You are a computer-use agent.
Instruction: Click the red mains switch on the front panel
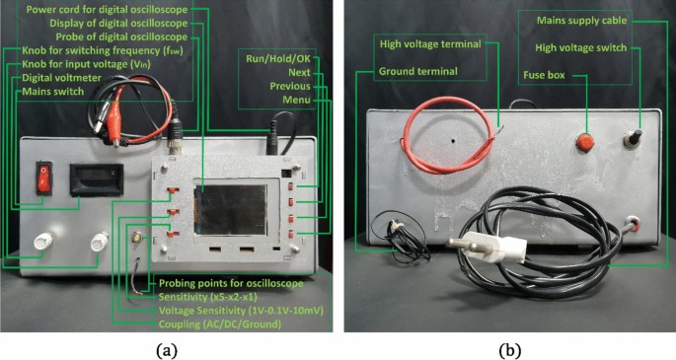(x=42, y=179)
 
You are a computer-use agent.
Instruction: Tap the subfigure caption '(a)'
(x=167, y=348)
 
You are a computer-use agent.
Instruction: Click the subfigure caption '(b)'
(x=506, y=348)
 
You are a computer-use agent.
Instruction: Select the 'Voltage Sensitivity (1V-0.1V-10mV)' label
(x=242, y=310)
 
